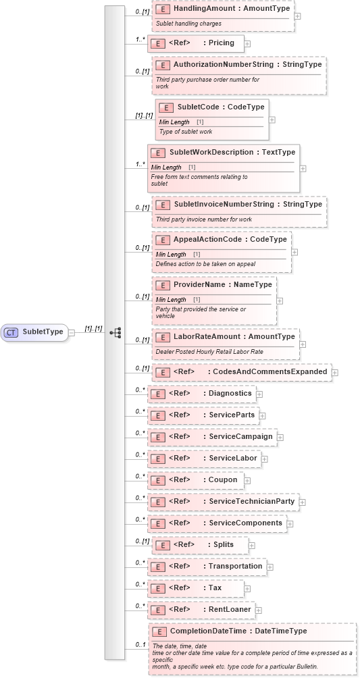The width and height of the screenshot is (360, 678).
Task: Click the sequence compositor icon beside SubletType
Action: [115, 332]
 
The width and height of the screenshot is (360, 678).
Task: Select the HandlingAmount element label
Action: [231, 9]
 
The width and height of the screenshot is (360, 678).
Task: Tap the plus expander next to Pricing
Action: [247, 43]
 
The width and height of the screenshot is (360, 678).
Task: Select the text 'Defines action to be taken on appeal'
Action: [205, 264]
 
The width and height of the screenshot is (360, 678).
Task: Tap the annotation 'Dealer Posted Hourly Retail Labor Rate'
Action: [209, 352]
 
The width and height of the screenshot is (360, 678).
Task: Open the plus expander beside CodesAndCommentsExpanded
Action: [335, 372]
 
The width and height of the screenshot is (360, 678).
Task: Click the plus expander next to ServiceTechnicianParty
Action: [303, 502]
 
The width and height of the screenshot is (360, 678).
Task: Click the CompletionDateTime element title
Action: [238, 631]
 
